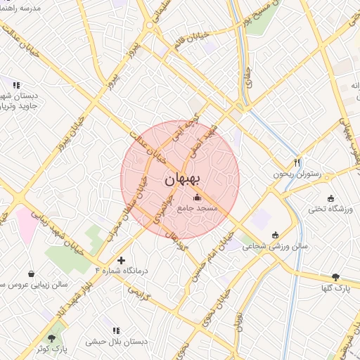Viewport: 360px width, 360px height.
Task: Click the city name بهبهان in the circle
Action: [181, 180]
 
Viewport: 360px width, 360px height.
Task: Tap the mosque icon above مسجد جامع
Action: [197, 197]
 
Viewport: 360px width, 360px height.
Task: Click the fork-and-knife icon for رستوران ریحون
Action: [298, 162]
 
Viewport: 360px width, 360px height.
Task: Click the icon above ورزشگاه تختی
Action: [331, 198]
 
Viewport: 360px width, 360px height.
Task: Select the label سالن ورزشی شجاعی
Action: [276, 247]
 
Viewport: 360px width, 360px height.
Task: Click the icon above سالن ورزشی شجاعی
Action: [275, 235]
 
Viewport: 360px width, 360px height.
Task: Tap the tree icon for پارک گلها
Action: [335, 276]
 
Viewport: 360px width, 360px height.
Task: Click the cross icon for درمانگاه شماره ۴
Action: [121, 260]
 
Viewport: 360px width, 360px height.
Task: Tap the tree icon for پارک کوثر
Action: [51, 338]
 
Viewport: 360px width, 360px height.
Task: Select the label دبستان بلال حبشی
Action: [116, 341]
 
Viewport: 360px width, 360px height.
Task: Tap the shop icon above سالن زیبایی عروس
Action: [31, 274]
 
